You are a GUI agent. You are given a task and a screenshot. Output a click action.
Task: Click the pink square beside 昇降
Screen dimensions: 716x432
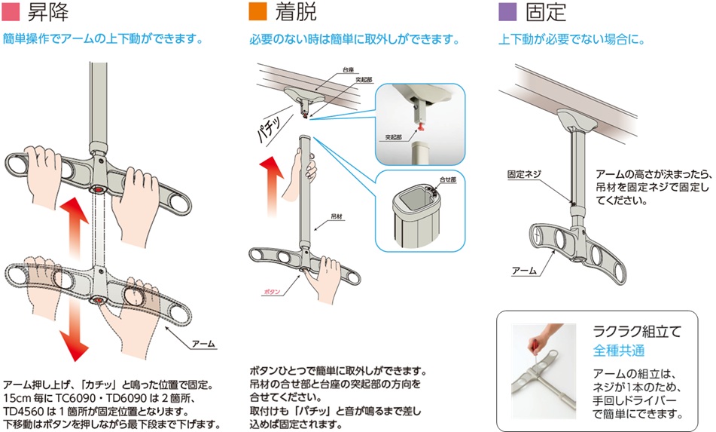pos(11,12)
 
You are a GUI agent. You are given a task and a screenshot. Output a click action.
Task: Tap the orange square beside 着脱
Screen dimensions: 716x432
pos(257,12)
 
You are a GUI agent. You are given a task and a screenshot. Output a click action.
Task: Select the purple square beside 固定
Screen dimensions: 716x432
pos(507,12)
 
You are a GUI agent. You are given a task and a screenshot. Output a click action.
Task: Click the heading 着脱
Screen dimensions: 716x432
pos(296,12)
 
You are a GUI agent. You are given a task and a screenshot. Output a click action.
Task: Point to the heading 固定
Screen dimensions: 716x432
pos(546,12)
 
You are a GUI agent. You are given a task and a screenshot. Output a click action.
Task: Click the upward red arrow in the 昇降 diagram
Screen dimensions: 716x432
pos(74,226)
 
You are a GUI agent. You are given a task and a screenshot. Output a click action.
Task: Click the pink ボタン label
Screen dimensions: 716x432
pos(272,292)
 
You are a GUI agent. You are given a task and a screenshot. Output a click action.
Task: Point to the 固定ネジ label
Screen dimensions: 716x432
pos(524,174)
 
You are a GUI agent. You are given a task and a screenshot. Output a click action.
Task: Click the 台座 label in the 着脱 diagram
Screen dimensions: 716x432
pos(348,70)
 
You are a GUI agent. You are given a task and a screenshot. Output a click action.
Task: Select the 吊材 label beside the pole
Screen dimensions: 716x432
pos(337,216)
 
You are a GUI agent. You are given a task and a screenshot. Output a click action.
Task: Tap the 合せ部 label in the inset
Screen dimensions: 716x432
pos(448,179)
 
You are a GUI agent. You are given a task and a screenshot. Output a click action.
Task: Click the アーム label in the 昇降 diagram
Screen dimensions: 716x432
pos(204,344)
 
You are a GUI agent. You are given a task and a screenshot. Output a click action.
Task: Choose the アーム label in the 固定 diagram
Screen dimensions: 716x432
pos(524,271)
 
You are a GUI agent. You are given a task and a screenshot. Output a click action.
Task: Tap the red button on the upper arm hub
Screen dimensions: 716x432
pos(97,189)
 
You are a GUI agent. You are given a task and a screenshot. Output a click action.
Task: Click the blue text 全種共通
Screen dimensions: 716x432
pos(619,351)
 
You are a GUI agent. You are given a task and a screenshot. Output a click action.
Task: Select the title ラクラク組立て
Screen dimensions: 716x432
pos(637,331)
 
